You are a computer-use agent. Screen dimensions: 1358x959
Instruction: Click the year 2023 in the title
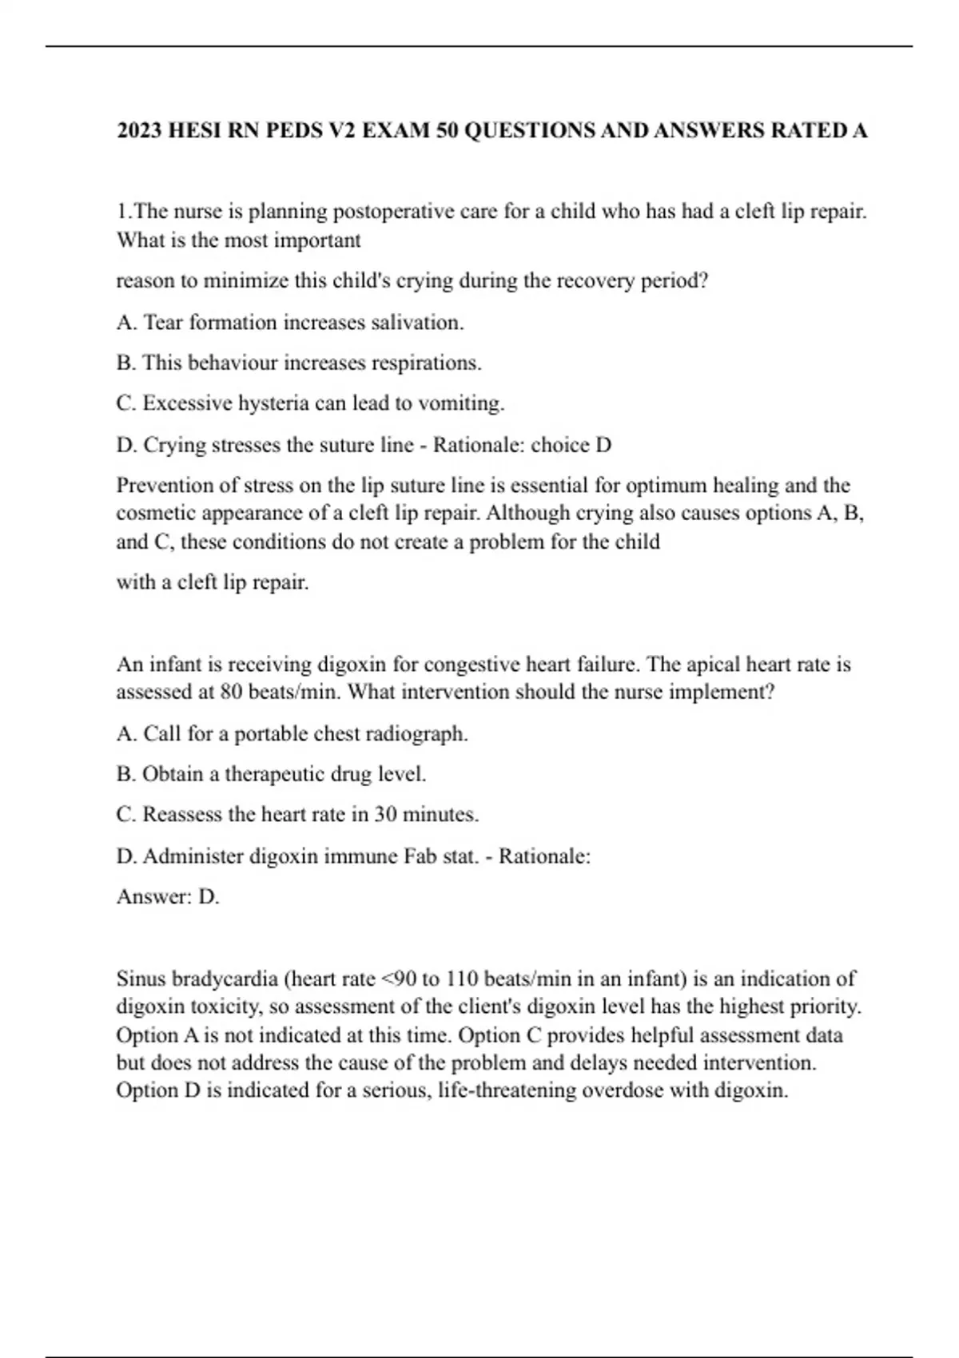tap(140, 130)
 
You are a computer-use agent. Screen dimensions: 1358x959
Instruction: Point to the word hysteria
tap(273, 403)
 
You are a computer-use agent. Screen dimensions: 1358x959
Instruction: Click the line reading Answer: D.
tap(168, 897)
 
